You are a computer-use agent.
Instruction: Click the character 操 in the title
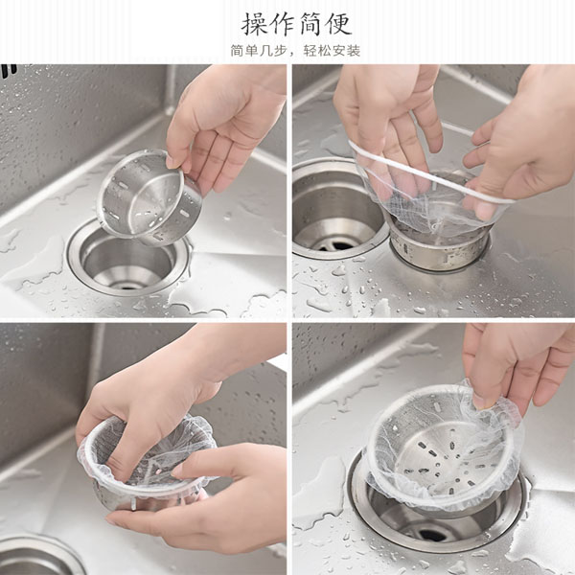(x=254, y=24)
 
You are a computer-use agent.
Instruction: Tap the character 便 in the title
(x=339, y=24)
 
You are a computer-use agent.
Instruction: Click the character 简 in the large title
(x=310, y=24)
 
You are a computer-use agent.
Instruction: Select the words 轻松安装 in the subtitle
(x=332, y=51)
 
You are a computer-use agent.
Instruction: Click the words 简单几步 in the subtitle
(x=259, y=51)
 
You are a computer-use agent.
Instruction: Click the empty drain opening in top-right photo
(x=337, y=209)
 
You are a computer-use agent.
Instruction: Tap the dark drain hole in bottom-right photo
(x=434, y=535)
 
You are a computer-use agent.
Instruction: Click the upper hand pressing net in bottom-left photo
(x=154, y=403)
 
